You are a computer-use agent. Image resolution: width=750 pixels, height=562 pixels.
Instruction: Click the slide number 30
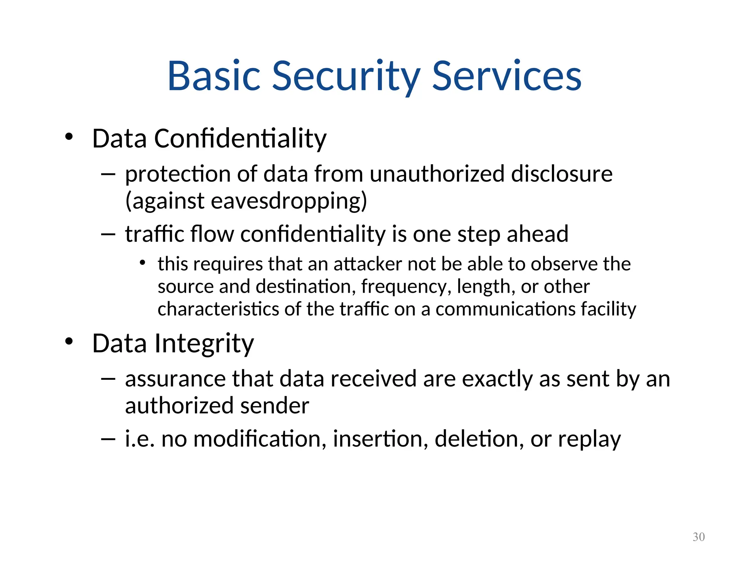[x=698, y=537]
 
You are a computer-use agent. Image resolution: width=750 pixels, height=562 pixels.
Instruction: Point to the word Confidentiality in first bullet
[x=240, y=139]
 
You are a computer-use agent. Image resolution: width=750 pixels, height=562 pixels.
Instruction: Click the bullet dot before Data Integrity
[x=69, y=341]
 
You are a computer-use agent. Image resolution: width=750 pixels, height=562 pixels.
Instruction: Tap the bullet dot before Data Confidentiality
[x=69, y=137]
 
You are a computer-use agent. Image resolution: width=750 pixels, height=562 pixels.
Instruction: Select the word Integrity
[x=204, y=344]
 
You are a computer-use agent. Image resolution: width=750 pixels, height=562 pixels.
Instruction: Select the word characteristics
[x=218, y=309]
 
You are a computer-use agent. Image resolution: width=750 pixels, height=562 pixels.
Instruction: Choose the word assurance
[x=175, y=379]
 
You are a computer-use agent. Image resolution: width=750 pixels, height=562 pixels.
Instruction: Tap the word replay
[x=589, y=439]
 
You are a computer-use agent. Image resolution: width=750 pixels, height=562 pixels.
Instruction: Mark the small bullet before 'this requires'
[x=143, y=263]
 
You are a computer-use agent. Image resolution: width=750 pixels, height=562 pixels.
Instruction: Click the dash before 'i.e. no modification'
[x=108, y=438]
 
